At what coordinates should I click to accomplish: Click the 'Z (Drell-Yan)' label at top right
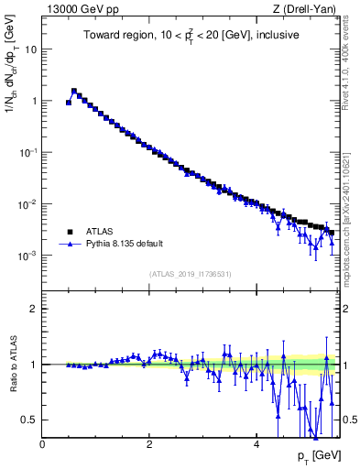(x=305, y=10)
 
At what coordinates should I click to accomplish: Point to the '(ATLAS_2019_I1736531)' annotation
(x=189, y=273)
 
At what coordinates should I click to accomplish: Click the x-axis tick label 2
(x=148, y=444)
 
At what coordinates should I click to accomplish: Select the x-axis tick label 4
(x=256, y=444)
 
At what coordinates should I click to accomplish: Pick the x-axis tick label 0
(x=42, y=444)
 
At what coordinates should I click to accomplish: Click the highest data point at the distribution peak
(x=74, y=91)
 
